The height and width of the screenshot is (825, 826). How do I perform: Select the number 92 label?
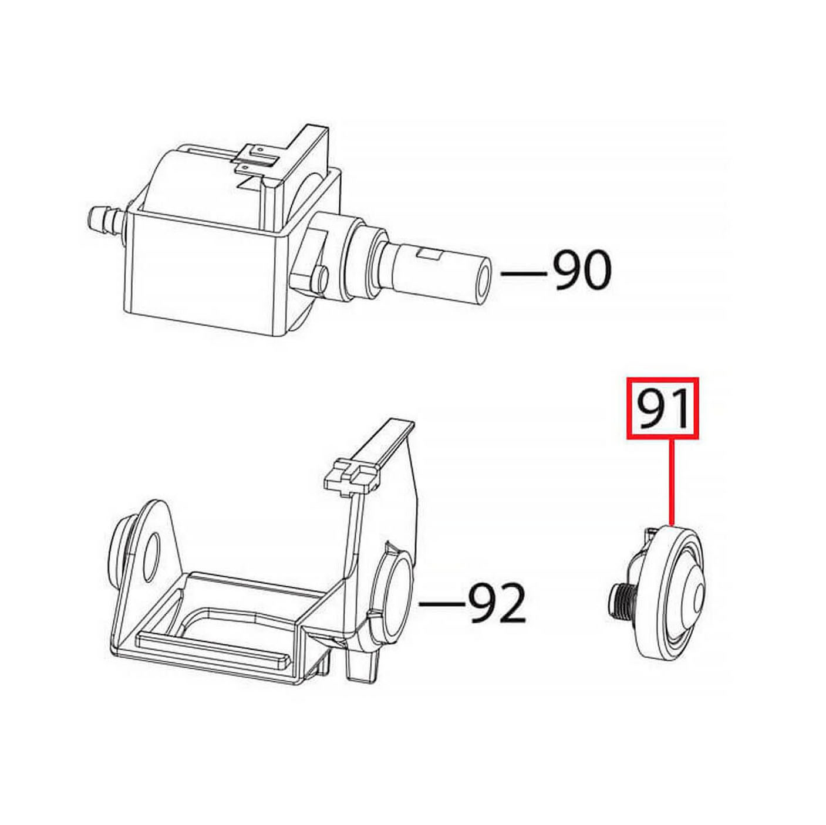point(497,604)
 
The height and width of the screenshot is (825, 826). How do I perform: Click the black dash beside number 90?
point(524,273)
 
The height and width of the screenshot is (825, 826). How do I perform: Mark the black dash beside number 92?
point(442,605)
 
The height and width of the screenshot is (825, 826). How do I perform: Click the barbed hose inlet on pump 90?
point(106,217)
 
